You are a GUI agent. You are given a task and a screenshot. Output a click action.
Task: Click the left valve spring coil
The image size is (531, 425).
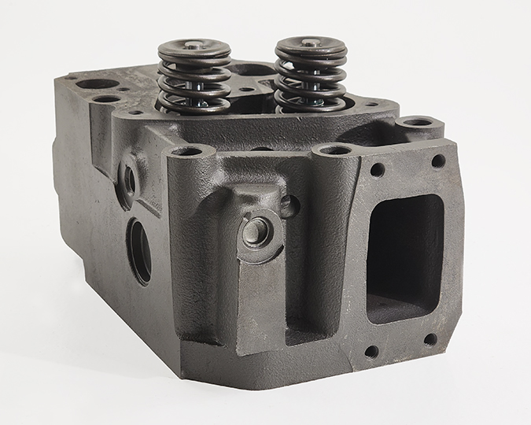pyautogui.click(x=194, y=79)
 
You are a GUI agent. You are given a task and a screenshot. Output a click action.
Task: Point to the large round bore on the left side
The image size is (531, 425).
pyautogui.click(x=140, y=251)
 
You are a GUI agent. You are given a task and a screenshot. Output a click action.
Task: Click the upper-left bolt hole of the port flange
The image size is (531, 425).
pyautogui.click(x=378, y=169)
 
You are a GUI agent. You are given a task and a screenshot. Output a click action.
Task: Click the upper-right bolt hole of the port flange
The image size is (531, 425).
pyautogui.click(x=438, y=161)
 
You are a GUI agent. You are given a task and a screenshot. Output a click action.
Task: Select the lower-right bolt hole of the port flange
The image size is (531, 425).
pyautogui.click(x=430, y=339)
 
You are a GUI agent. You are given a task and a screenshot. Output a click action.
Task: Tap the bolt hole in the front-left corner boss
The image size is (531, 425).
pyautogui.click(x=188, y=151)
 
